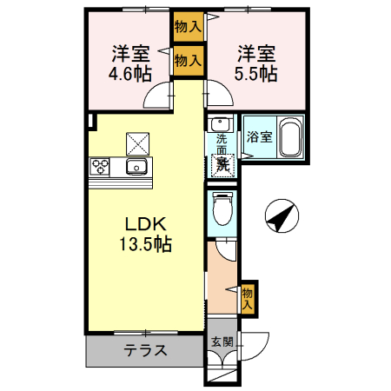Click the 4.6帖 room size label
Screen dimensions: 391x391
pyautogui.click(x=127, y=74)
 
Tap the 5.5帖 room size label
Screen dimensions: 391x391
pyautogui.click(x=258, y=74)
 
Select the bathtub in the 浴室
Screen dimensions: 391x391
pyautogui.click(x=288, y=140)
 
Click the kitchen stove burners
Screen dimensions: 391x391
pyautogui.click(x=99, y=167)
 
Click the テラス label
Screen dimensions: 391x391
pyautogui.click(x=146, y=352)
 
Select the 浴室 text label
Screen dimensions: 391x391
pyautogui.click(x=259, y=137)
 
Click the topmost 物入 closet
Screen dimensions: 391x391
pyautogui.click(x=188, y=28)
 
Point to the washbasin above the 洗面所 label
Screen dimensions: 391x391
pyautogui.click(x=221, y=124)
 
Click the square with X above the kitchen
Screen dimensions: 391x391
pyautogui.click(x=136, y=140)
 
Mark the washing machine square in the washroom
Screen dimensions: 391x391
pyautogui.click(x=223, y=162)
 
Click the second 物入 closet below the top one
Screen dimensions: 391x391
pyautogui.click(x=188, y=61)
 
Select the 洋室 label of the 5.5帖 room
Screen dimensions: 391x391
pyautogui.click(x=258, y=54)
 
